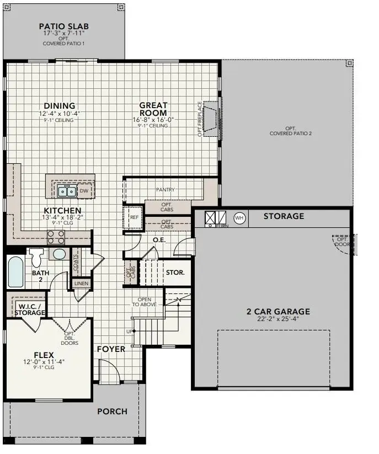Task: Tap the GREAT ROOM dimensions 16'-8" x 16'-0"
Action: [153, 119]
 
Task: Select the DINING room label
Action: [60, 106]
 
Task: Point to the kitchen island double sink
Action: [67, 191]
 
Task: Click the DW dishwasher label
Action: [84, 191]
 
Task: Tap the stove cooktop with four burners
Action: [55, 237]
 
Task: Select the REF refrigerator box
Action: [134, 217]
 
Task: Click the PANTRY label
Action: [165, 190]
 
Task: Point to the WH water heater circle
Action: [239, 217]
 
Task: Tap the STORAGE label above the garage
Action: [284, 216]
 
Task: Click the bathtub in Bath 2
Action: [15, 271]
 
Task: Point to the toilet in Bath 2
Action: [37, 257]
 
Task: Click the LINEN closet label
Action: [81, 284]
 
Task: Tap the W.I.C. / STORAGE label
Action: [31, 309]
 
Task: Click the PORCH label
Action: [112, 412]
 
